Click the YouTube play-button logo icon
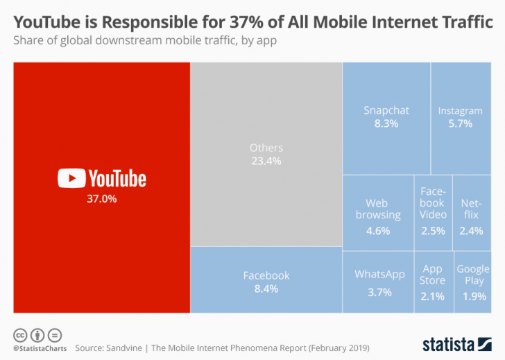coord(71,178)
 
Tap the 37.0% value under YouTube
coord(101,199)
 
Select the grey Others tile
coord(266,154)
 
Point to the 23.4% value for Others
coord(266,161)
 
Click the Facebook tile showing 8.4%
coord(266,280)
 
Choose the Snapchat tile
coord(386,117)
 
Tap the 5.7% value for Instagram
coord(460,123)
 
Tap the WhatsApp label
coord(379,274)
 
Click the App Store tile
coord(432,282)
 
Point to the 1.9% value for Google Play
coord(474,296)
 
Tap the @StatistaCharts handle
coord(39,346)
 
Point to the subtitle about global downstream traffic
coord(145,40)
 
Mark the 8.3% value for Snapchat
coord(386,123)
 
